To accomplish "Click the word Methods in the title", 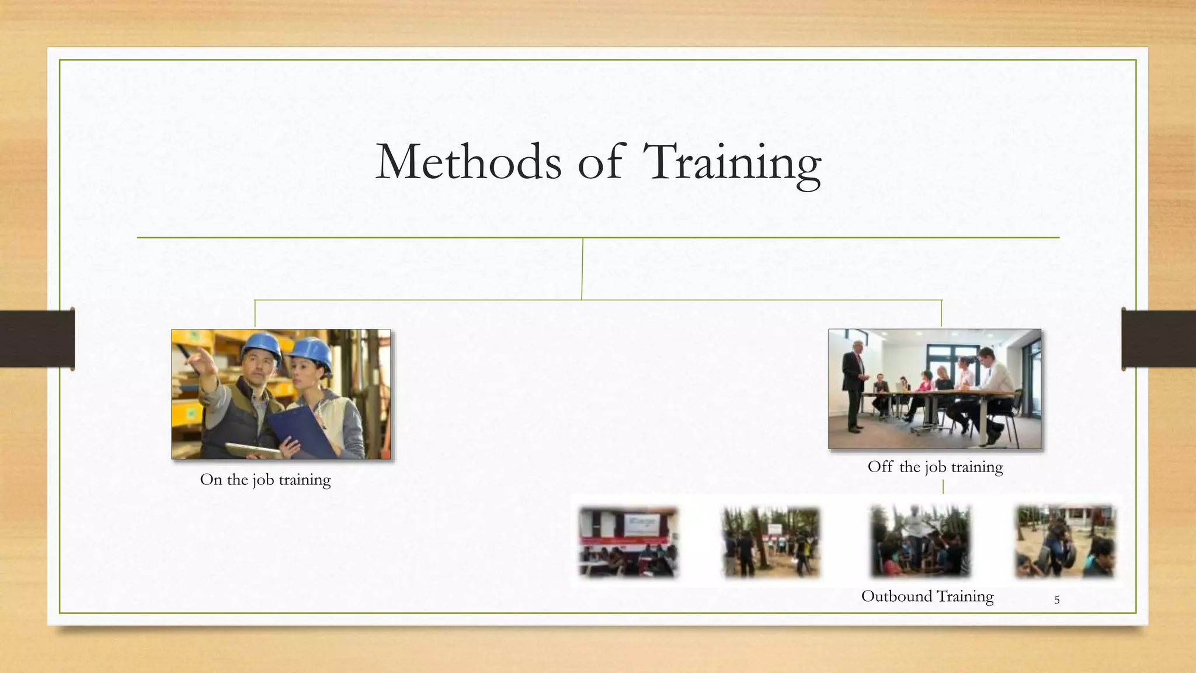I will pyautogui.click(x=468, y=161).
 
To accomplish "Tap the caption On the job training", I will pyautogui.click(x=265, y=480).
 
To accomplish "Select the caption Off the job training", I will pyautogui.click(x=935, y=467).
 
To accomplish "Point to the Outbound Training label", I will pyautogui.click(x=927, y=596).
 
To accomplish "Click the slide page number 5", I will pyautogui.click(x=1056, y=600).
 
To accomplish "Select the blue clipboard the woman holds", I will pyautogui.click(x=301, y=432).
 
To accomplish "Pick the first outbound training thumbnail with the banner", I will pyautogui.click(x=628, y=542).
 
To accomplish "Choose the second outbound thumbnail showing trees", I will pyautogui.click(x=771, y=542).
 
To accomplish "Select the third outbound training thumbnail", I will pyautogui.click(x=920, y=542).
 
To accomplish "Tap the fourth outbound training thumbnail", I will pyautogui.click(x=1066, y=542).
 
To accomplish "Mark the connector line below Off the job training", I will pyautogui.click(x=943, y=486).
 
